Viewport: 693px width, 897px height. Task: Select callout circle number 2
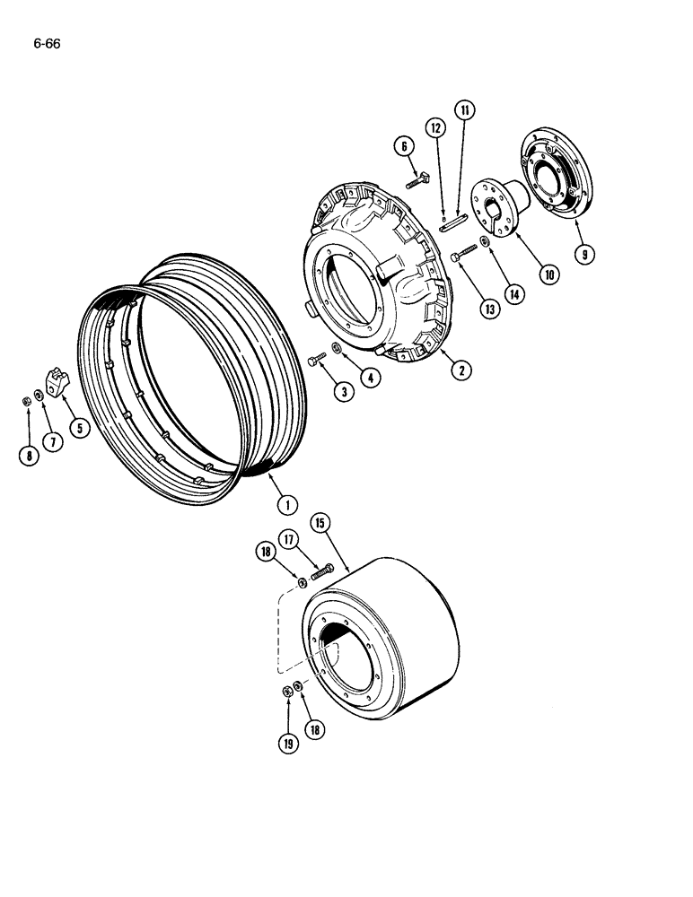click(461, 367)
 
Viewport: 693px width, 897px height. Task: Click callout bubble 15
click(320, 522)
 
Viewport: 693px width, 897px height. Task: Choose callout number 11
click(465, 110)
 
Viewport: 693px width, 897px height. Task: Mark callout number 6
click(404, 145)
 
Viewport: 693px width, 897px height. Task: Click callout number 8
click(30, 455)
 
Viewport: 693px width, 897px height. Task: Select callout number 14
click(515, 293)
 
